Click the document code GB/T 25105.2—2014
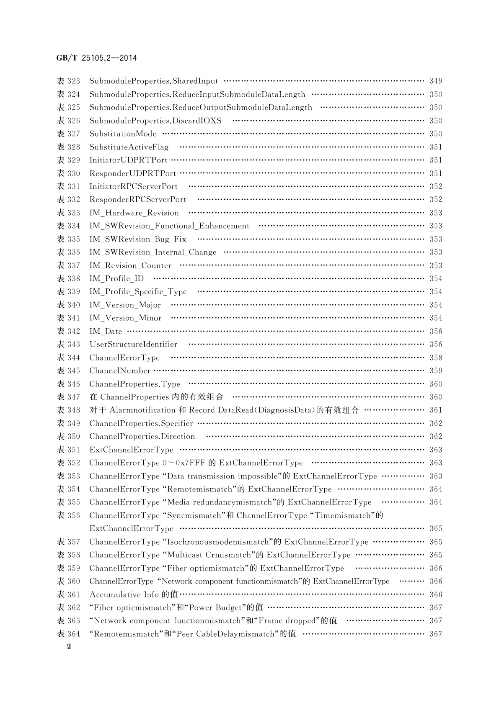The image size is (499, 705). coord(96,58)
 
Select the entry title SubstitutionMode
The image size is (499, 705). coord(123,134)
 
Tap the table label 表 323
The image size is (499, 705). coord(68,81)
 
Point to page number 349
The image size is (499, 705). coord(436,81)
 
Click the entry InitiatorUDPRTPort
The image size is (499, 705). coord(128,160)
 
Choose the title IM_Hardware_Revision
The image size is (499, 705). coord(134,213)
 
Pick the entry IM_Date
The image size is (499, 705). coord(106,332)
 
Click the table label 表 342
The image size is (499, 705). coord(68,332)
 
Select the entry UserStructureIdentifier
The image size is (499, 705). coord(133,345)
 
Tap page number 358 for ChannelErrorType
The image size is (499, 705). coord(436,358)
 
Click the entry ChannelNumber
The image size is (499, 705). coord(120,371)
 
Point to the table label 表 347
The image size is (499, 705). coord(68,397)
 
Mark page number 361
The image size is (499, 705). coord(436,410)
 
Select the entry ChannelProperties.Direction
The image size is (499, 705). coord(142,437)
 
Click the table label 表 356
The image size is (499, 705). coord(68,516)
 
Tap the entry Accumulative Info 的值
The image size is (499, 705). coord(134,595)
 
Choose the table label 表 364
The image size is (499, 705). coord(68,634)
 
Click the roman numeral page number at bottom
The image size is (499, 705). coord(68,647)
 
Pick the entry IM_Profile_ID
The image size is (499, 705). coord(116,279)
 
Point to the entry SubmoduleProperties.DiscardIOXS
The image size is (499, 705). coord(155,121)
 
